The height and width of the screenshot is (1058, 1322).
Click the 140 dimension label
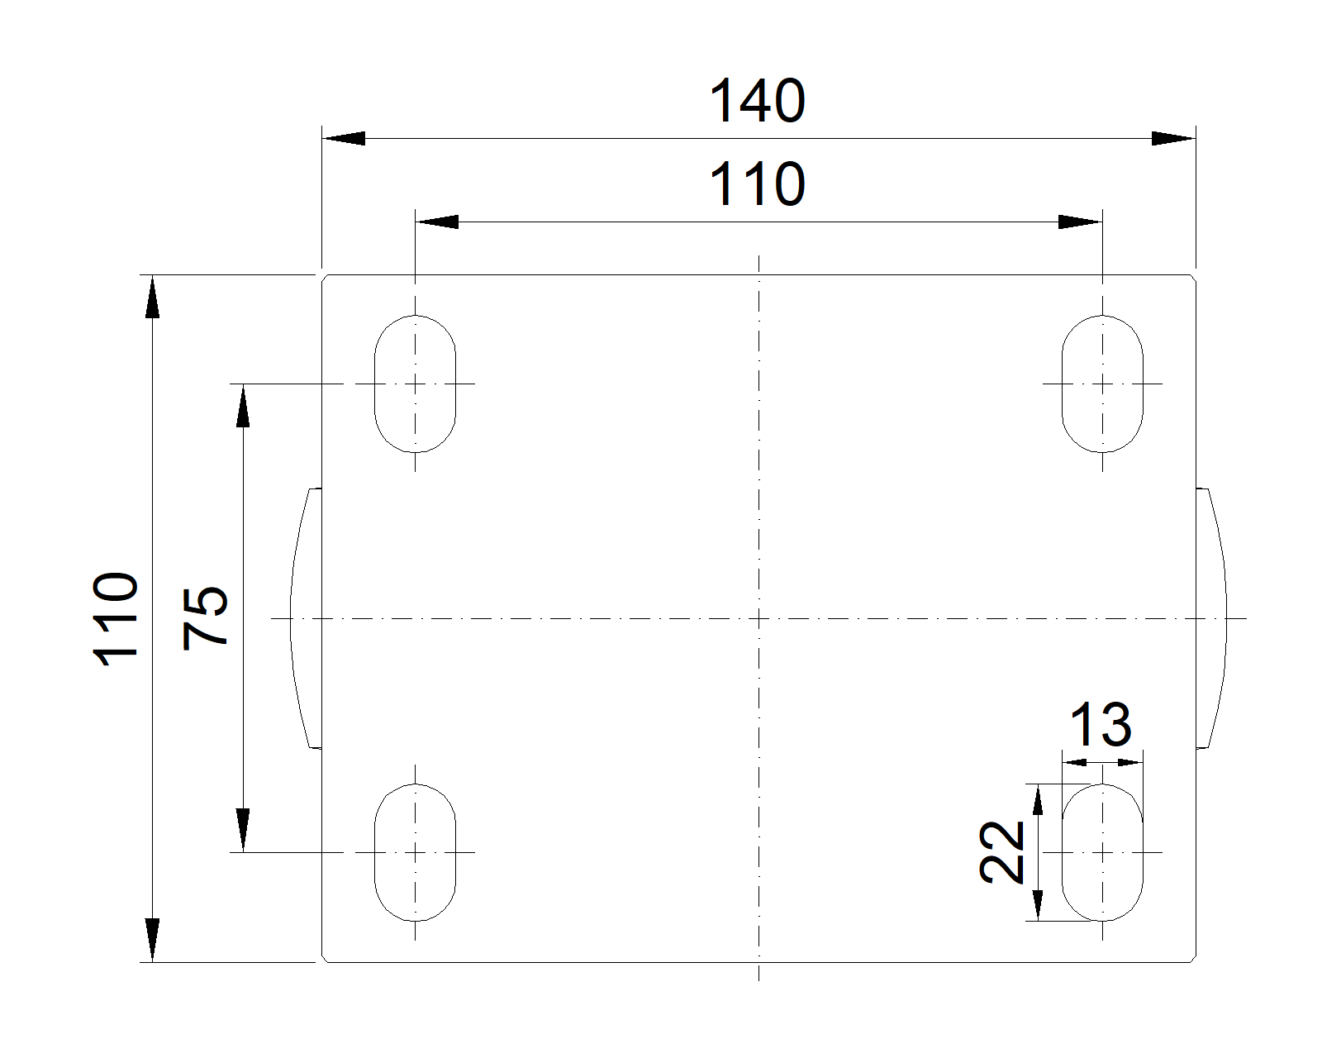point(757,101)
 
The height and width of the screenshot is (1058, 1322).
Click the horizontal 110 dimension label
point(757,183)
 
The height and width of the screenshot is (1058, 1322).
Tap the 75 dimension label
point(205,618)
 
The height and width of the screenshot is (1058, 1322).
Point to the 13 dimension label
point(1101,725)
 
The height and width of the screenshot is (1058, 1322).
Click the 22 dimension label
point(1001,852)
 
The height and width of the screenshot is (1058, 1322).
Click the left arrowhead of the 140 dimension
point(344,138)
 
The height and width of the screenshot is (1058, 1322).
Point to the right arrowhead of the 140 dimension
point(1173,138)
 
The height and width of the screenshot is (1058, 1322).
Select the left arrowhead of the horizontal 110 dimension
point(437,222)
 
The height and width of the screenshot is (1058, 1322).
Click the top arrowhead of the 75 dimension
point(243,405)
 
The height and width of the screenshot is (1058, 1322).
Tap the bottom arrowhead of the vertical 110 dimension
point(152,941)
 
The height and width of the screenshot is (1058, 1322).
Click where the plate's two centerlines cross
point(758,618)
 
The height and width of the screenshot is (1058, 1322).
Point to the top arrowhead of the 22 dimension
point(1038,799)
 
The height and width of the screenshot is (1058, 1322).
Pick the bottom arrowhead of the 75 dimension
point(243,831)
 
